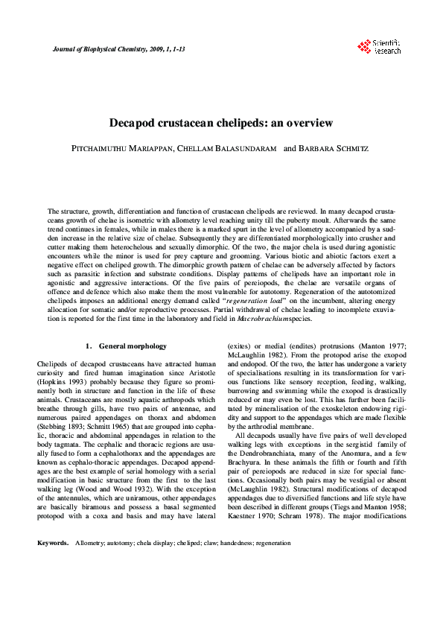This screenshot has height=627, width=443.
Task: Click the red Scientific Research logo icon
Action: pos(363,46)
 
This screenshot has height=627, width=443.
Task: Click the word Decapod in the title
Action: pos(136,122)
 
